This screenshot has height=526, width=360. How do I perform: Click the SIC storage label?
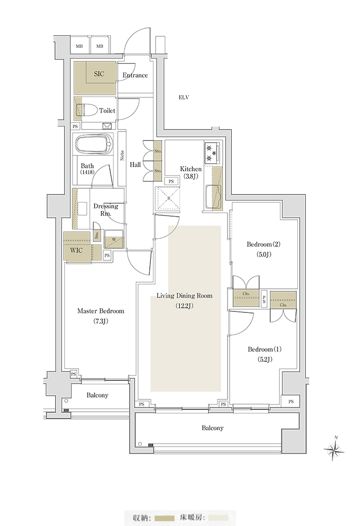[x=99, y=74]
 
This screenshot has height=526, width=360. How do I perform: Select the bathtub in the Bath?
[x=94, y=145]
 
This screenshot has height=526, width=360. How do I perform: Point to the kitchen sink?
[x=212, y=197]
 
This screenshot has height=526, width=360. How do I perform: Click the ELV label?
[x=184, y=98]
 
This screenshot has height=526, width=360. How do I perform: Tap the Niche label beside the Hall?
[x=122, y=155]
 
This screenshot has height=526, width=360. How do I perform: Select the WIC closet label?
[x=76, y=250]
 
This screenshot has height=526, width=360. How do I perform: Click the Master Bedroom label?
[x=100, y=311]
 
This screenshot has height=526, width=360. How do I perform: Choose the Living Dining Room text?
[x=184, y=296]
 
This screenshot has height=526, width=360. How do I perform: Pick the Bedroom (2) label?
[x=263, y=244]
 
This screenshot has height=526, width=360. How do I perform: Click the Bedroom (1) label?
[x=264, y=349]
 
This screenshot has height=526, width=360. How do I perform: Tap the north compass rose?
[x=334, y=448]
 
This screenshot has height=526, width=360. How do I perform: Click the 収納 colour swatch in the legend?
[x=165, y=518]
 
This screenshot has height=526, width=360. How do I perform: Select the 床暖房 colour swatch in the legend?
[x=218, y=518]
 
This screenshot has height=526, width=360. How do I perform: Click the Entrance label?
[x=135, y=75]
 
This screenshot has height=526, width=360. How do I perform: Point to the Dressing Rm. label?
[x=106, y=210]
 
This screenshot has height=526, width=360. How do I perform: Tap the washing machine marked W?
[x=114, y=239]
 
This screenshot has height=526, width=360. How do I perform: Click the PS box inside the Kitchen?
[x=171, y=181]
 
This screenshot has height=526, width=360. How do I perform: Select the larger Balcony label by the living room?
[x=212, y=428]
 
